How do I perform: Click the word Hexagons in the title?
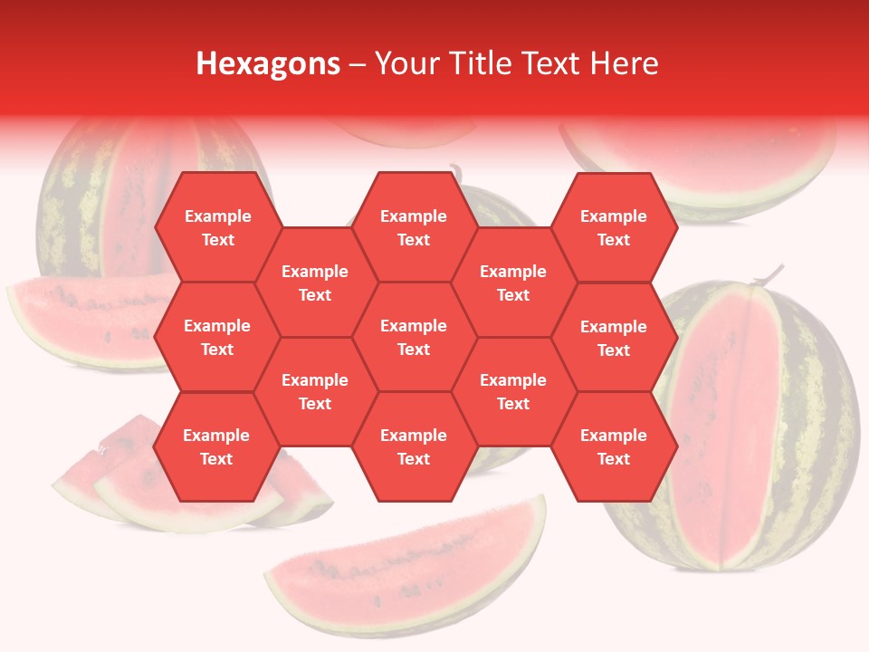(268, 63)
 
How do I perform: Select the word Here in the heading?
(624, 63)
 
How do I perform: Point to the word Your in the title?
(405, 63)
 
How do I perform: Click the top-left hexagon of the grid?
(217, 227)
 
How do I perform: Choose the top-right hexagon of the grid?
(614, 227)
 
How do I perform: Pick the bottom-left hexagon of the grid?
(217, 446)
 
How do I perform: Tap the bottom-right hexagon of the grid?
(614, 446)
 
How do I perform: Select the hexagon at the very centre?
(414, 337)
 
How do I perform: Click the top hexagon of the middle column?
(414, 227)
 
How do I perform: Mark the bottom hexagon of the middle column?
(414, 446)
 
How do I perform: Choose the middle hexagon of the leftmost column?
(217, 337)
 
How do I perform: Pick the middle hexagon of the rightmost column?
(614, 338)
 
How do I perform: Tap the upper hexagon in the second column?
(315, 283)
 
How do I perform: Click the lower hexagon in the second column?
(315, 391)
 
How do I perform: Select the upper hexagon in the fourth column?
(513, 283)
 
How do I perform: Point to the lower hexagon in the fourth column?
(513, 391)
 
